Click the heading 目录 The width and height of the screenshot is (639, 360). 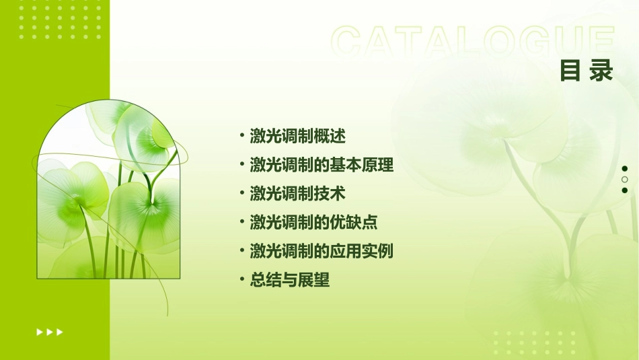click(587, 70)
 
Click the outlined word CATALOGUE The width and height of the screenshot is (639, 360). click(473, 42)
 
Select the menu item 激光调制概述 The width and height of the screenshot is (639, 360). click(297, 136)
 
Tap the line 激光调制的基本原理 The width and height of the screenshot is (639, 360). click(322, 165)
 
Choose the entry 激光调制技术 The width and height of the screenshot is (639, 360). click(297, 194)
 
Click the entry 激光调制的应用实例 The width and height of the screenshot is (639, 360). click(322, 252)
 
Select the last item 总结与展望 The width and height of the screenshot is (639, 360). click(290, 281)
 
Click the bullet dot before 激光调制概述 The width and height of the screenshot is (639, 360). click(242, 135)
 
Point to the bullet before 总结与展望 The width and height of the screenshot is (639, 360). click(242, 280)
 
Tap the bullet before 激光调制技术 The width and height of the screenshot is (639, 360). click(242, 193)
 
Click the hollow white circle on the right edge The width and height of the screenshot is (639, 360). click(625, 180)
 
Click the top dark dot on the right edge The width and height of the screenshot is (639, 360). click(625, 169)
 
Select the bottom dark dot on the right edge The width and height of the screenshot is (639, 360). click(625, 190)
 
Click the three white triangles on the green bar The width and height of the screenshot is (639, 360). click(50, 332)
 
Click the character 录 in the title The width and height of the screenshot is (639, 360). click(601, 70)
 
